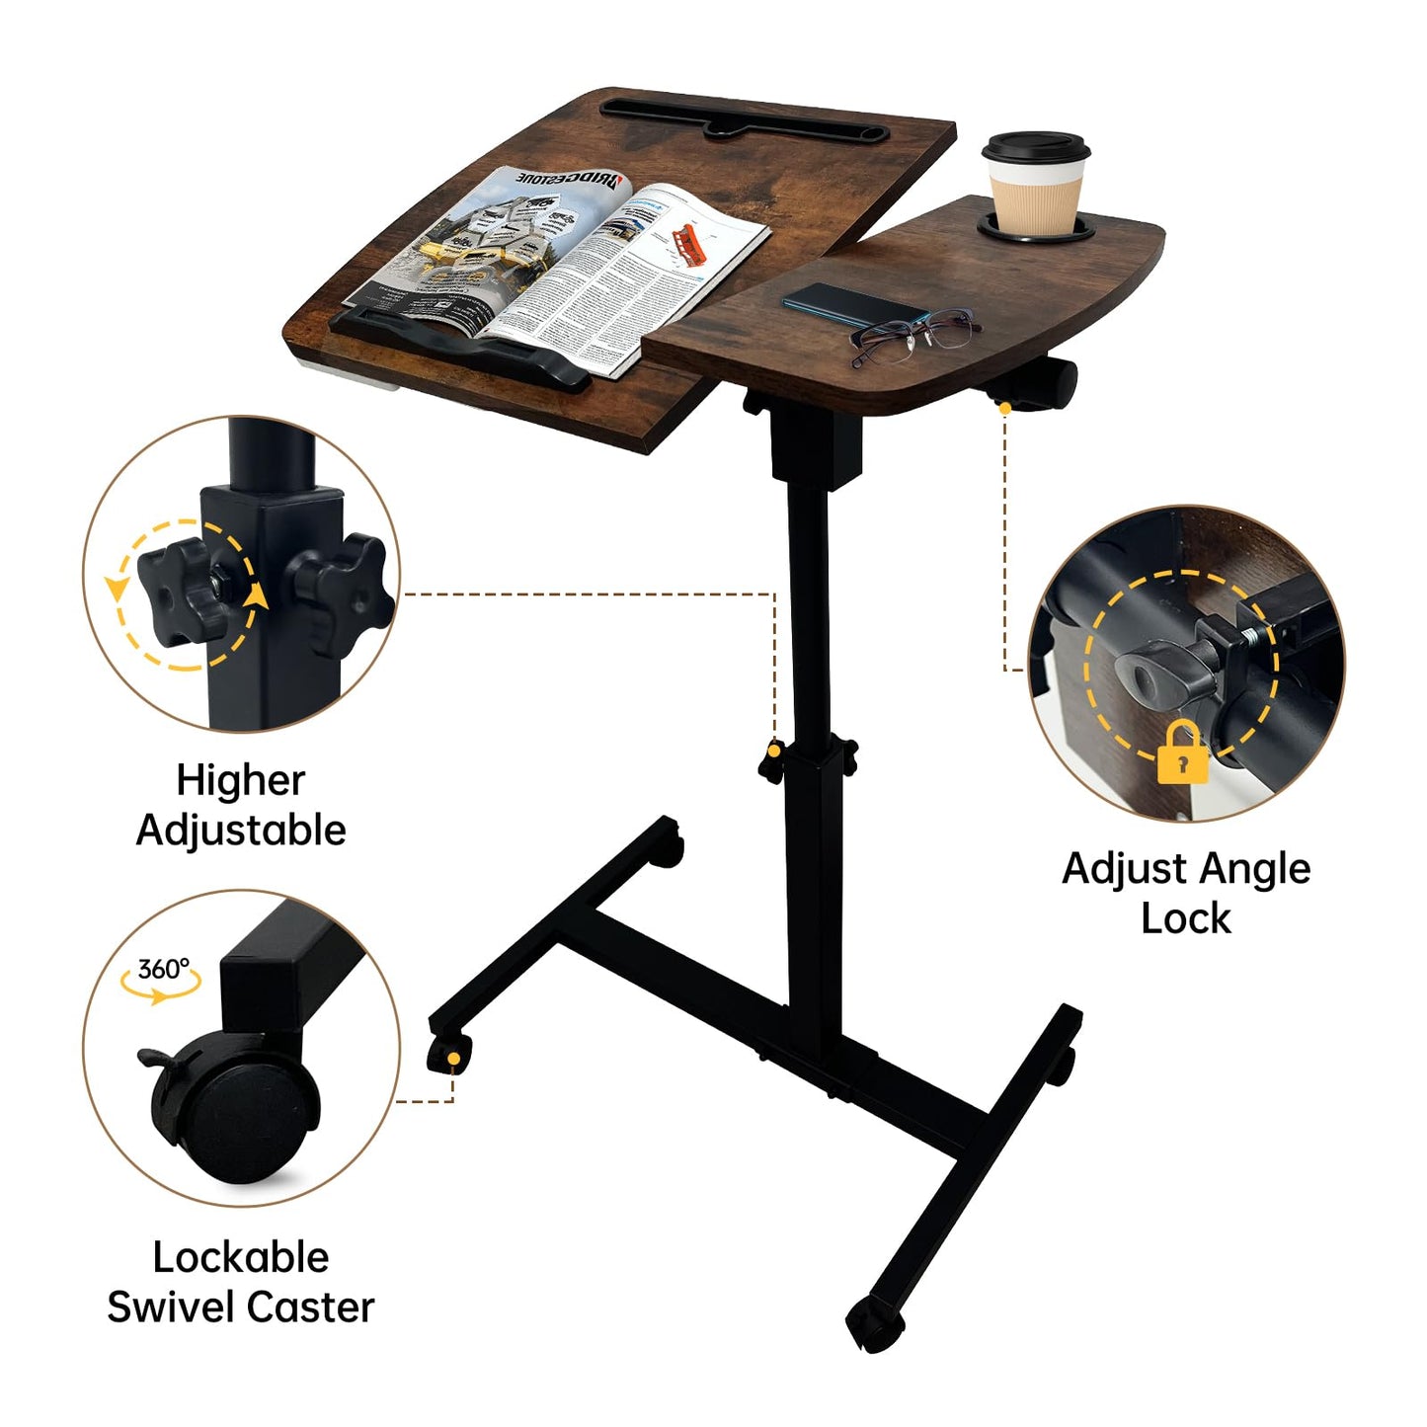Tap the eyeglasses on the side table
tap(914, 333)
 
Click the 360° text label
tap(163, 969)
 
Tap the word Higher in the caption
tap(240, 780)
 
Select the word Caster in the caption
tap(308, 1307)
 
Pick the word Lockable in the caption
tap(240, 1257)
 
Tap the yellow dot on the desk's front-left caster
tap(453, 1060)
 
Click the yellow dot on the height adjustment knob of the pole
tap(775, 752)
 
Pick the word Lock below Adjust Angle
tap(1185, 918)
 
